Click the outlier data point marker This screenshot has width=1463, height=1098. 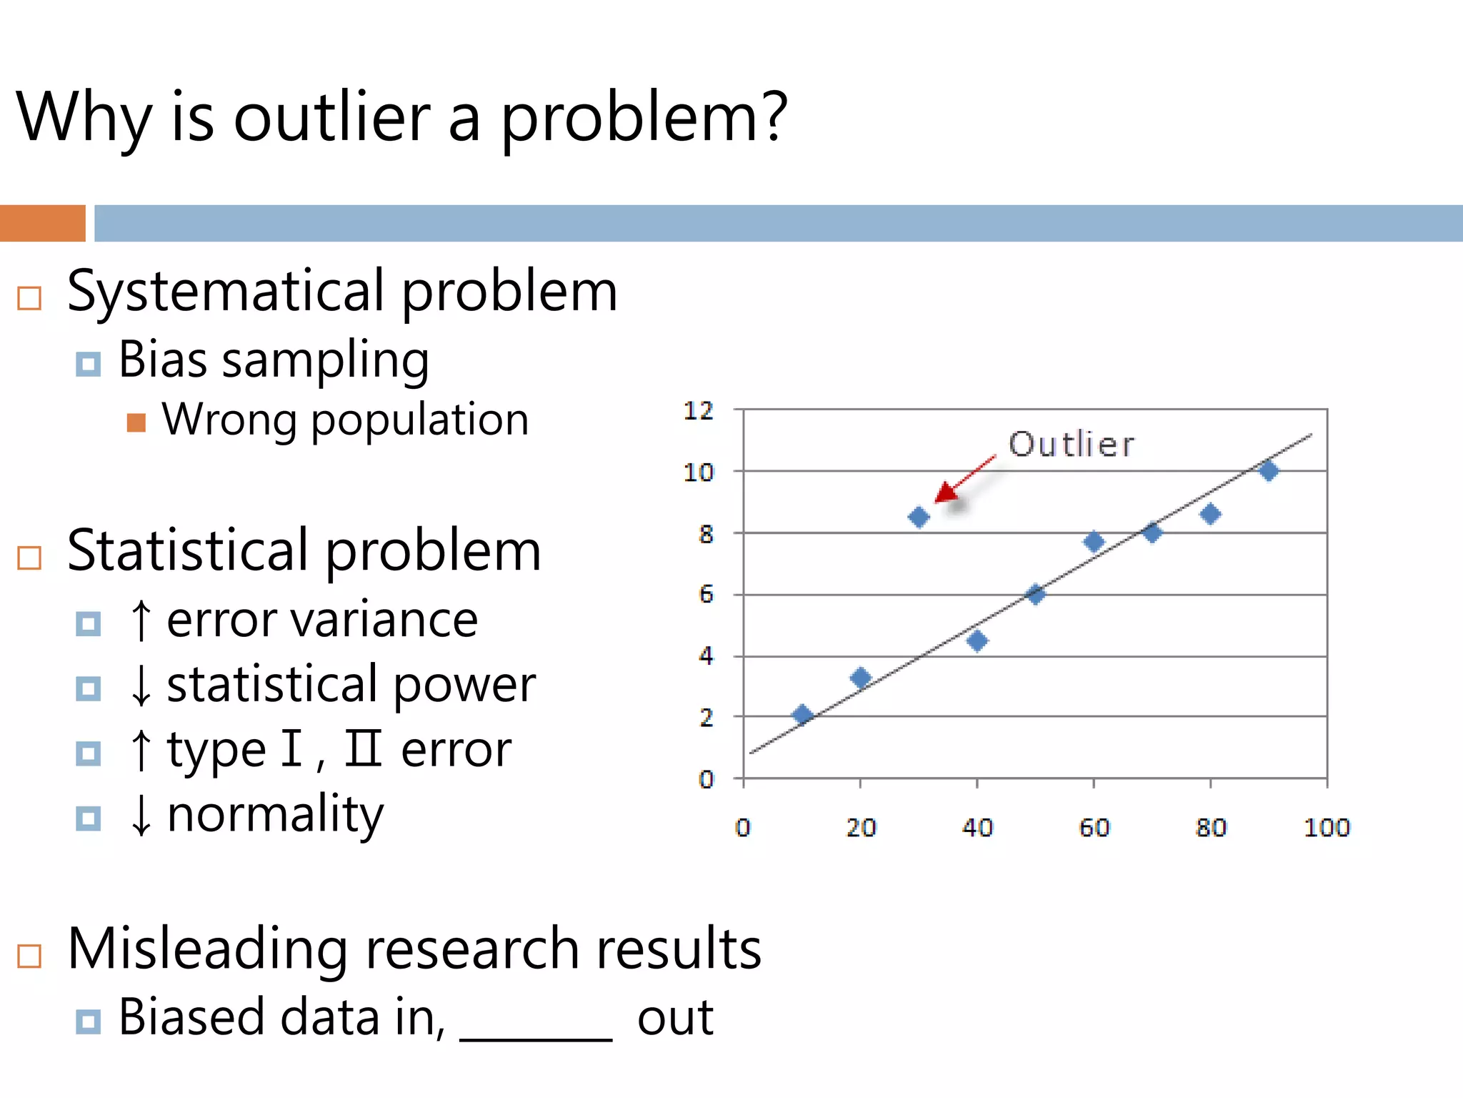(919, 517)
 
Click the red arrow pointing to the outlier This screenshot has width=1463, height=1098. (961, 481)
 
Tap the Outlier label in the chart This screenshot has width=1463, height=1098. (1071, 445)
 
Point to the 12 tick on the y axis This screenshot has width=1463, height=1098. (698, 411)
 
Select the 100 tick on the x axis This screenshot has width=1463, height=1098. (1327, 827)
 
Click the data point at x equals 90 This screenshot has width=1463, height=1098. (1269, 470)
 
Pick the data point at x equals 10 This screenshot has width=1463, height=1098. (802, 714)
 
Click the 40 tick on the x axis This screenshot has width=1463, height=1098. (977, 827)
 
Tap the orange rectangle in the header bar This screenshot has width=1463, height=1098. (42, 223)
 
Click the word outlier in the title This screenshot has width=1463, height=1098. (332, 118)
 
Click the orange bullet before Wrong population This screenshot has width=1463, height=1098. (136, 422)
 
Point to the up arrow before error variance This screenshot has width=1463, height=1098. (141, 620)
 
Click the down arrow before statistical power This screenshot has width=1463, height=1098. (141, 686)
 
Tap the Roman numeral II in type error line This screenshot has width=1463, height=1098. (363, 748)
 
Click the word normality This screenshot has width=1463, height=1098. (275, 815)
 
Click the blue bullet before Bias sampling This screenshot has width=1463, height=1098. (88, 364)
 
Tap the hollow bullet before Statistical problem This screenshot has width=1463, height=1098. (29, 558)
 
